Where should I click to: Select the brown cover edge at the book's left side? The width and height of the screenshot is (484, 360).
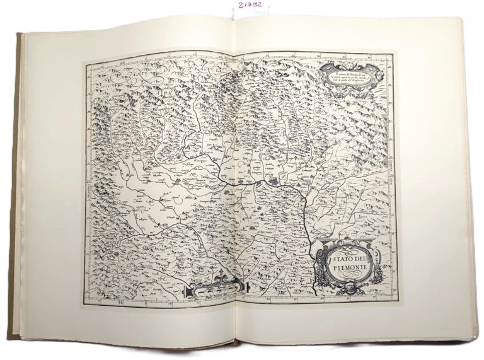[x=19, y=189]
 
